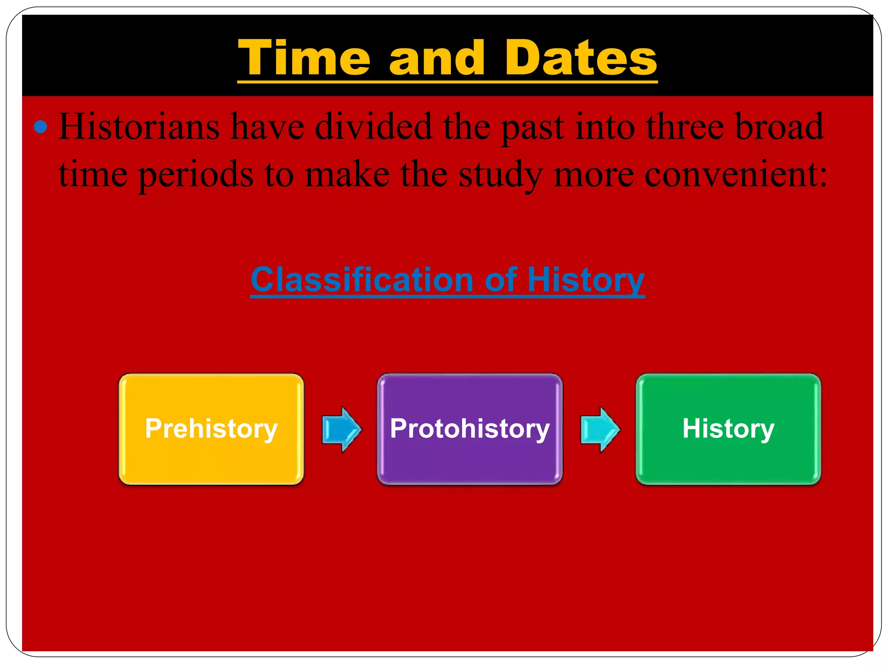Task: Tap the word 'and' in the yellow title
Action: pos(437,58)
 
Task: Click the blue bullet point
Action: pos(40,127)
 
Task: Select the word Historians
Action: pos(139,127)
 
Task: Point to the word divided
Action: pos(373,127)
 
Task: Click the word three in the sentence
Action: pos(685,127)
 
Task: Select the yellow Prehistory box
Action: pos(211,429)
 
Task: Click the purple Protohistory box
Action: pos(470,429)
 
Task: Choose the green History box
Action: pos(728,429)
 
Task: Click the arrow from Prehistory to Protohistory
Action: pos(342,430)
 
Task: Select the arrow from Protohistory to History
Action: pos(600,430)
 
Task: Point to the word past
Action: pos(533,127)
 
